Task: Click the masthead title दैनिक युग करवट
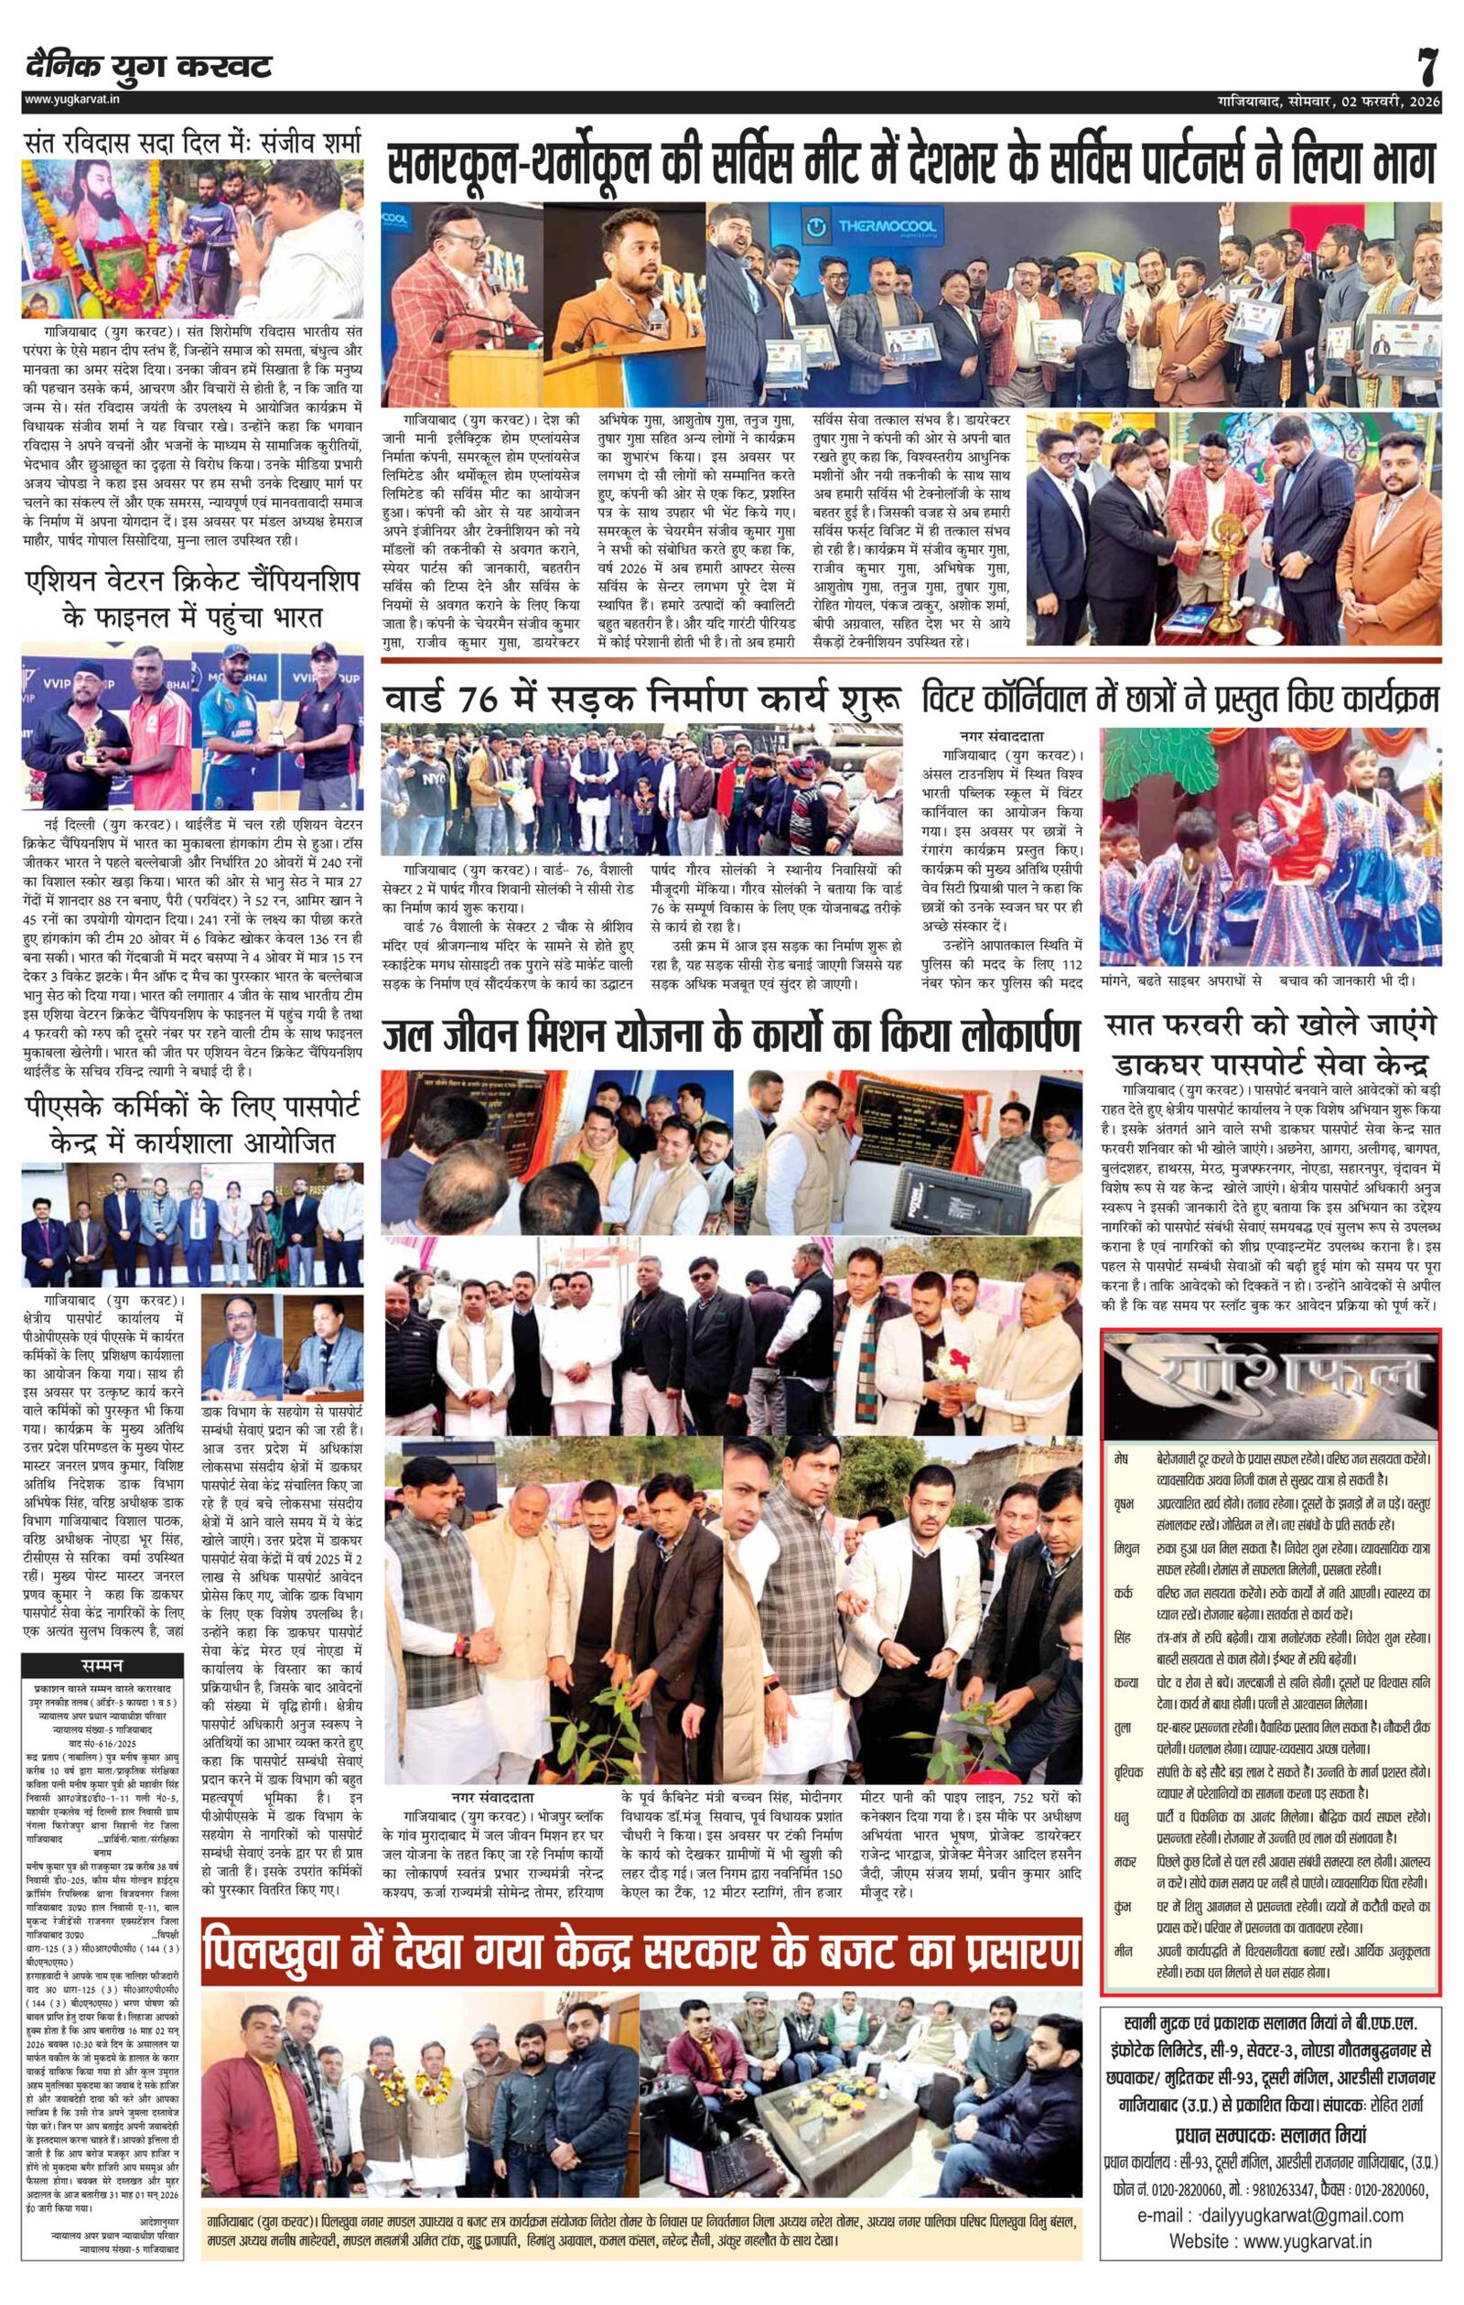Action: click(x=149, y=66)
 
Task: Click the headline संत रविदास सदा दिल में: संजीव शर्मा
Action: click(x=193, y=145)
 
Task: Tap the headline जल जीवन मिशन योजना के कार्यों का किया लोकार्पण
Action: click(x=731, y=1039)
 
